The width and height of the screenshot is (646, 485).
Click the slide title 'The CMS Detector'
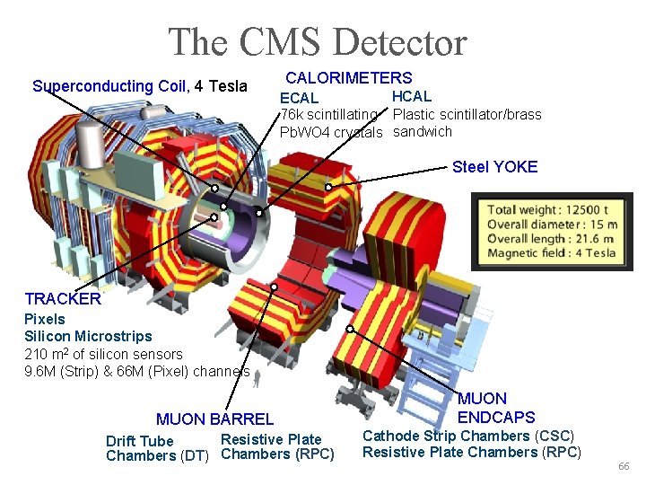coord(318,42)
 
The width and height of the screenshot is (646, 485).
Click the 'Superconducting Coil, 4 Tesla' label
coord(139,86)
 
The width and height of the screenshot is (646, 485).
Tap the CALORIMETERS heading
coord(348,78)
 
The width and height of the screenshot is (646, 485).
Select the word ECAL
coord(299,98)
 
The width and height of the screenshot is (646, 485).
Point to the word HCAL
coord(412,96)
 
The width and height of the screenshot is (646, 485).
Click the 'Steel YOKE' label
coord(494,166)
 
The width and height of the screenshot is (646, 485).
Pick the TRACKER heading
coord(63,299)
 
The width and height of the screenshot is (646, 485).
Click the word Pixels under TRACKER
coord(45,319)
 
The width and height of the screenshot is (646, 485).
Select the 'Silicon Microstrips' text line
coord(88,336)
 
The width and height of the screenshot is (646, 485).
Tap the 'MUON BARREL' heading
coord(214,419)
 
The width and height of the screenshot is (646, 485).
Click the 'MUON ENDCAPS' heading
coord(495,408)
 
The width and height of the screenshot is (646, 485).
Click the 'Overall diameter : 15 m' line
coord(552,225)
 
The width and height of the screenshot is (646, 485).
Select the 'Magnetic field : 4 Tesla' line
coord(551,253)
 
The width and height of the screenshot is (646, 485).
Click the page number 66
coord(624,468)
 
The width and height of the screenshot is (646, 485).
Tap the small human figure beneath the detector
coord(258,380)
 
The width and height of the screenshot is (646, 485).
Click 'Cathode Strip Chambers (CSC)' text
coord(467,436)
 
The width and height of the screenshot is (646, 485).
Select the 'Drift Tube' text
coord(140,441)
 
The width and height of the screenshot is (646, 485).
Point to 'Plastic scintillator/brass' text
coord(467,114)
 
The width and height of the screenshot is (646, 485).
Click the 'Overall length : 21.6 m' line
coord(550,239)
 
